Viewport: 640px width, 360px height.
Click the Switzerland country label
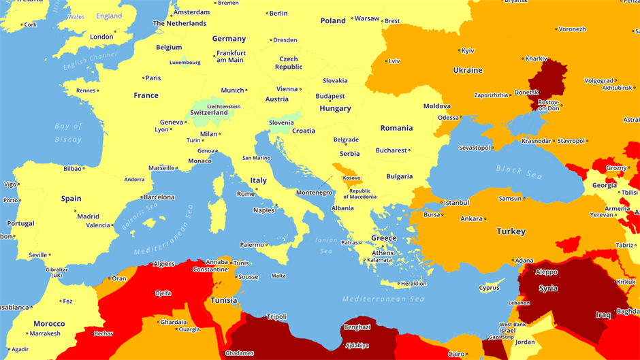pyautogui.click(x=209, y=113)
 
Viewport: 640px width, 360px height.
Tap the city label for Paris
pyautogui.click(x=153, y=78)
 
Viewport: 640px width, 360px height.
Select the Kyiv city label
pyautogui.click(x=468, y=51)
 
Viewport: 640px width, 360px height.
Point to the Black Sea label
pyautogui.click(x=519, y=171)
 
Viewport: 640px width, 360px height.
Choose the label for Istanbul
pyautogui.click(x=456, y=203)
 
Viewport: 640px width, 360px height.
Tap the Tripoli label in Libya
pyautogui.click(x=276, y=317)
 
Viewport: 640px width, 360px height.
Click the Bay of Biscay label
pyautogui.click(x=68, y=133)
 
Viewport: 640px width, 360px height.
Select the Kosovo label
pyautogui.click(x=351, y=178)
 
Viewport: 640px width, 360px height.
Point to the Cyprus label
pyautogui.click(x=489, y=288)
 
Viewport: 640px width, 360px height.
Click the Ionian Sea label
pyautogui.click(x=326, y=246)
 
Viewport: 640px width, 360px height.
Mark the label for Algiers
pyautogui.click(x=164, y=264)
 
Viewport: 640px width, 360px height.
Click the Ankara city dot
pyautogui.click(x=485, y=219)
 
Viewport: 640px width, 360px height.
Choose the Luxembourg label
pyautogui.click(x=185, y=63)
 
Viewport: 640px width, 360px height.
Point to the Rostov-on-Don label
pyautogui.click(x=548, y=105)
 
